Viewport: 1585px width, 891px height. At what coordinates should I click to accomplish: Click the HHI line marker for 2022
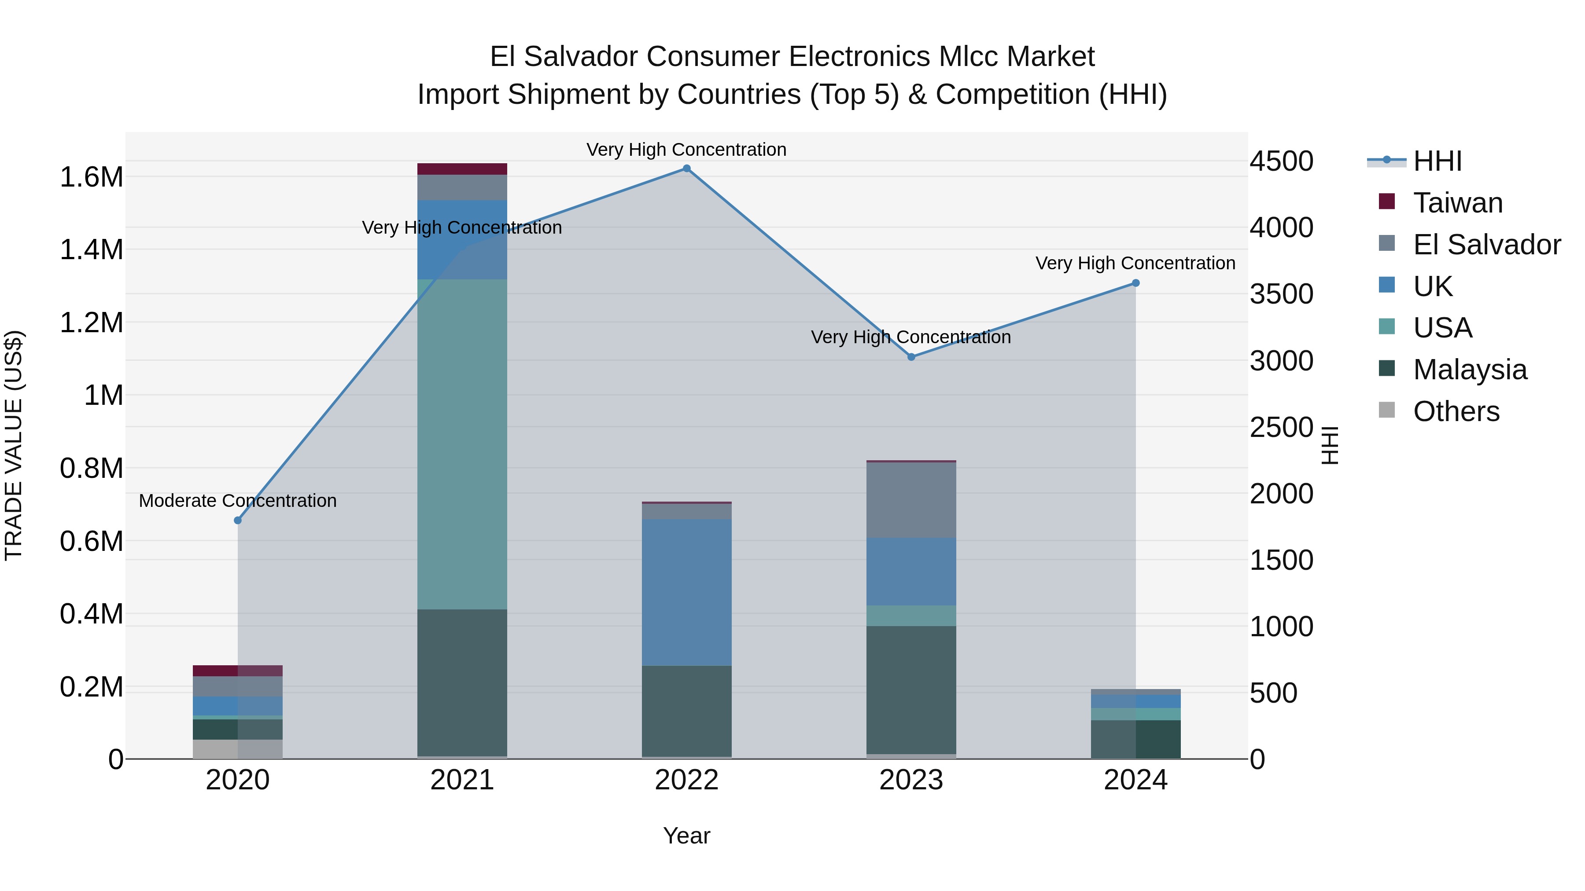(687, 169)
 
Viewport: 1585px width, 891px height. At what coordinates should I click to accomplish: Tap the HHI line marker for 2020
(238, 520)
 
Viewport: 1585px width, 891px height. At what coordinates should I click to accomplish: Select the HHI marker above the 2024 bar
(1136, 283)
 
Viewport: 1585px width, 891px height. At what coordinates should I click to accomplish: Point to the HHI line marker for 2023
(911, 357)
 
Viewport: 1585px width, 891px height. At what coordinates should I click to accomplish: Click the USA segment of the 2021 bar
(462, 444)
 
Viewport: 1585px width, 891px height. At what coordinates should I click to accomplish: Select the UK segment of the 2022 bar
(687, 591)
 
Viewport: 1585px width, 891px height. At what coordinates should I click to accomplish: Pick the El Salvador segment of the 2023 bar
(911, 499)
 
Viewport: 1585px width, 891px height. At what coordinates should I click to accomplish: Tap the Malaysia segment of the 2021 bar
(462, 682)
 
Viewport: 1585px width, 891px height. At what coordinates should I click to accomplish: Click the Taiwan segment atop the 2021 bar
(462, 169)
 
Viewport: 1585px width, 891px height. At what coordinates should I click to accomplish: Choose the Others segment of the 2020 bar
(238, 749)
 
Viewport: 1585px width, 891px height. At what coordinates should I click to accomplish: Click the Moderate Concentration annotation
(238, 501)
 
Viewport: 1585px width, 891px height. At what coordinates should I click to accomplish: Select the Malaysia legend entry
(1469, 370)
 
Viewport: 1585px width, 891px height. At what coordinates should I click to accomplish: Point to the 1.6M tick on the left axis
(91, 177)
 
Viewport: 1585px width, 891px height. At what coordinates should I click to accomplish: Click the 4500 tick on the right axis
(1282, 162)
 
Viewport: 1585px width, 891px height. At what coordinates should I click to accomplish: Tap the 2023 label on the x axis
(911, 780)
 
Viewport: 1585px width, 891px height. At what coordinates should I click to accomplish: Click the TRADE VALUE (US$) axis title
(14, 445)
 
